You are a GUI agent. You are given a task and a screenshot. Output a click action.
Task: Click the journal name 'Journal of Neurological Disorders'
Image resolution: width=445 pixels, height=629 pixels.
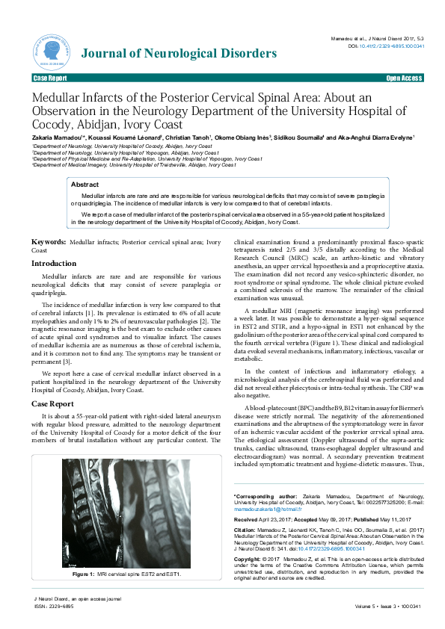pyautogui.click(x=179, y=54)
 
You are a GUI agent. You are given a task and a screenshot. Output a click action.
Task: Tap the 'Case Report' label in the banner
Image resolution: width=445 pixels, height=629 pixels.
pyautogui.click(x=49, y=78)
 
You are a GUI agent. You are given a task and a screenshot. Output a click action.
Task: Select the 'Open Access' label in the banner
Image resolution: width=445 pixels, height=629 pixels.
pyautogui.click(x=404, y=78)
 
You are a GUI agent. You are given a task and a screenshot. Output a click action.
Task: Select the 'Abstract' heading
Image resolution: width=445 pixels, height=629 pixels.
pyautogui.click(x=85, y=184)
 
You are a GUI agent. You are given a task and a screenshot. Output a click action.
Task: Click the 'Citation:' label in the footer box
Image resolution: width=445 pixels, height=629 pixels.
pyautogui.click(x=248, y=530)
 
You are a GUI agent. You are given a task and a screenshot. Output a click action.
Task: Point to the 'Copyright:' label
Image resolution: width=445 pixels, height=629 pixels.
pyautogui.click(x=250, y=559)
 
